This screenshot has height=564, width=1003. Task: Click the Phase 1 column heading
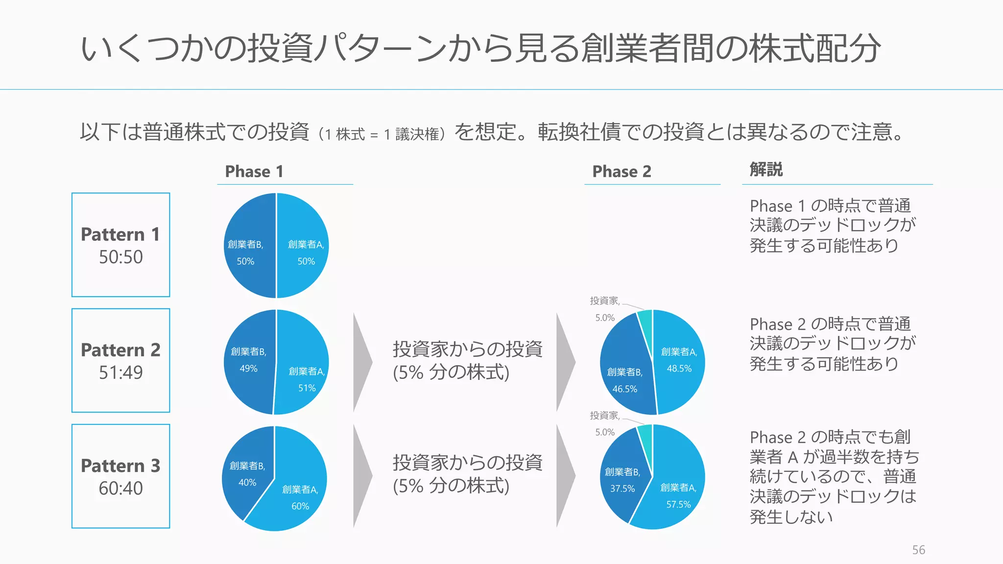254,171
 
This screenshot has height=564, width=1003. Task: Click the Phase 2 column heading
621,171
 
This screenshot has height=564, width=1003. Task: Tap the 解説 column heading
766,169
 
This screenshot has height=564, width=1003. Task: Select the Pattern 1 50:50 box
121,245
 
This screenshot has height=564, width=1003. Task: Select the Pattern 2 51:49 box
121,360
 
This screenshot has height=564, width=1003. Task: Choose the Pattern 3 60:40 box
121,476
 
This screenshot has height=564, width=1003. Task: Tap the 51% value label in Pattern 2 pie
307,388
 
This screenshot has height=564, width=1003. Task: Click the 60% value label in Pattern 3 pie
300,506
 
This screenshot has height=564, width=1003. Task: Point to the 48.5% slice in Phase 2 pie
681,387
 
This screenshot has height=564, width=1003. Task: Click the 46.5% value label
625,389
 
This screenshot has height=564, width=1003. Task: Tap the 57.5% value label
678,504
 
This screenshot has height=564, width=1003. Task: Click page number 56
918,550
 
